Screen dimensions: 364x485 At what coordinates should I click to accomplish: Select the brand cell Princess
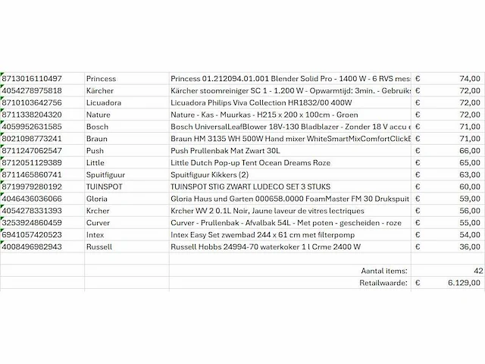click(x=101, y=78)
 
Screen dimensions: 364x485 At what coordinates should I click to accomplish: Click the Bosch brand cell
click(x=98, y=127)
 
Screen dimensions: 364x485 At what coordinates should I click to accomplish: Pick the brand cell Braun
click(x=98, y=139)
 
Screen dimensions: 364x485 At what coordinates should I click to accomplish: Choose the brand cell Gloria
click(x=98, y=199)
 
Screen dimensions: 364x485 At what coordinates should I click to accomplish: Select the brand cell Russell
click(x=99, y=247)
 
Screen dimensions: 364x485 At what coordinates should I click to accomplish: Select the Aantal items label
click(x=385, y=270)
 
